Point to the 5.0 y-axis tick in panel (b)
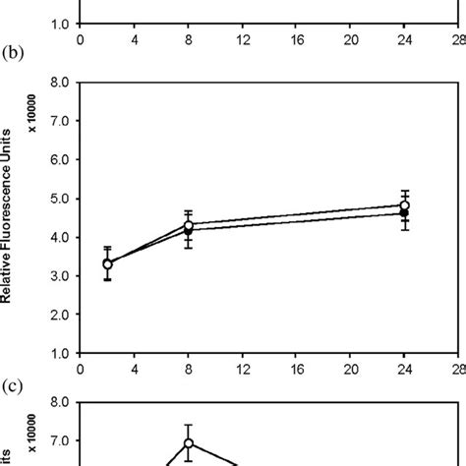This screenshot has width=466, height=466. (x=59, y=199)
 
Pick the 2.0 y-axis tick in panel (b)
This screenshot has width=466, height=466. (x=59, y=315)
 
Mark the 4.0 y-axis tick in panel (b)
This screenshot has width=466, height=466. (x=59, y=237)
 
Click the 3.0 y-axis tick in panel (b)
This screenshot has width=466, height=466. (x=59, y=276)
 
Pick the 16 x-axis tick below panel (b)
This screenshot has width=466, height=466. (x=297, y=370)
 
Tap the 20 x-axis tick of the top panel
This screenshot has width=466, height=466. (x=351, y=39)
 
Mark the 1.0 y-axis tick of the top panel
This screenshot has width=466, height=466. (x=59, y=24)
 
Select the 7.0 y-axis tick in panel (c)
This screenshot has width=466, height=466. (x=59, y=441)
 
